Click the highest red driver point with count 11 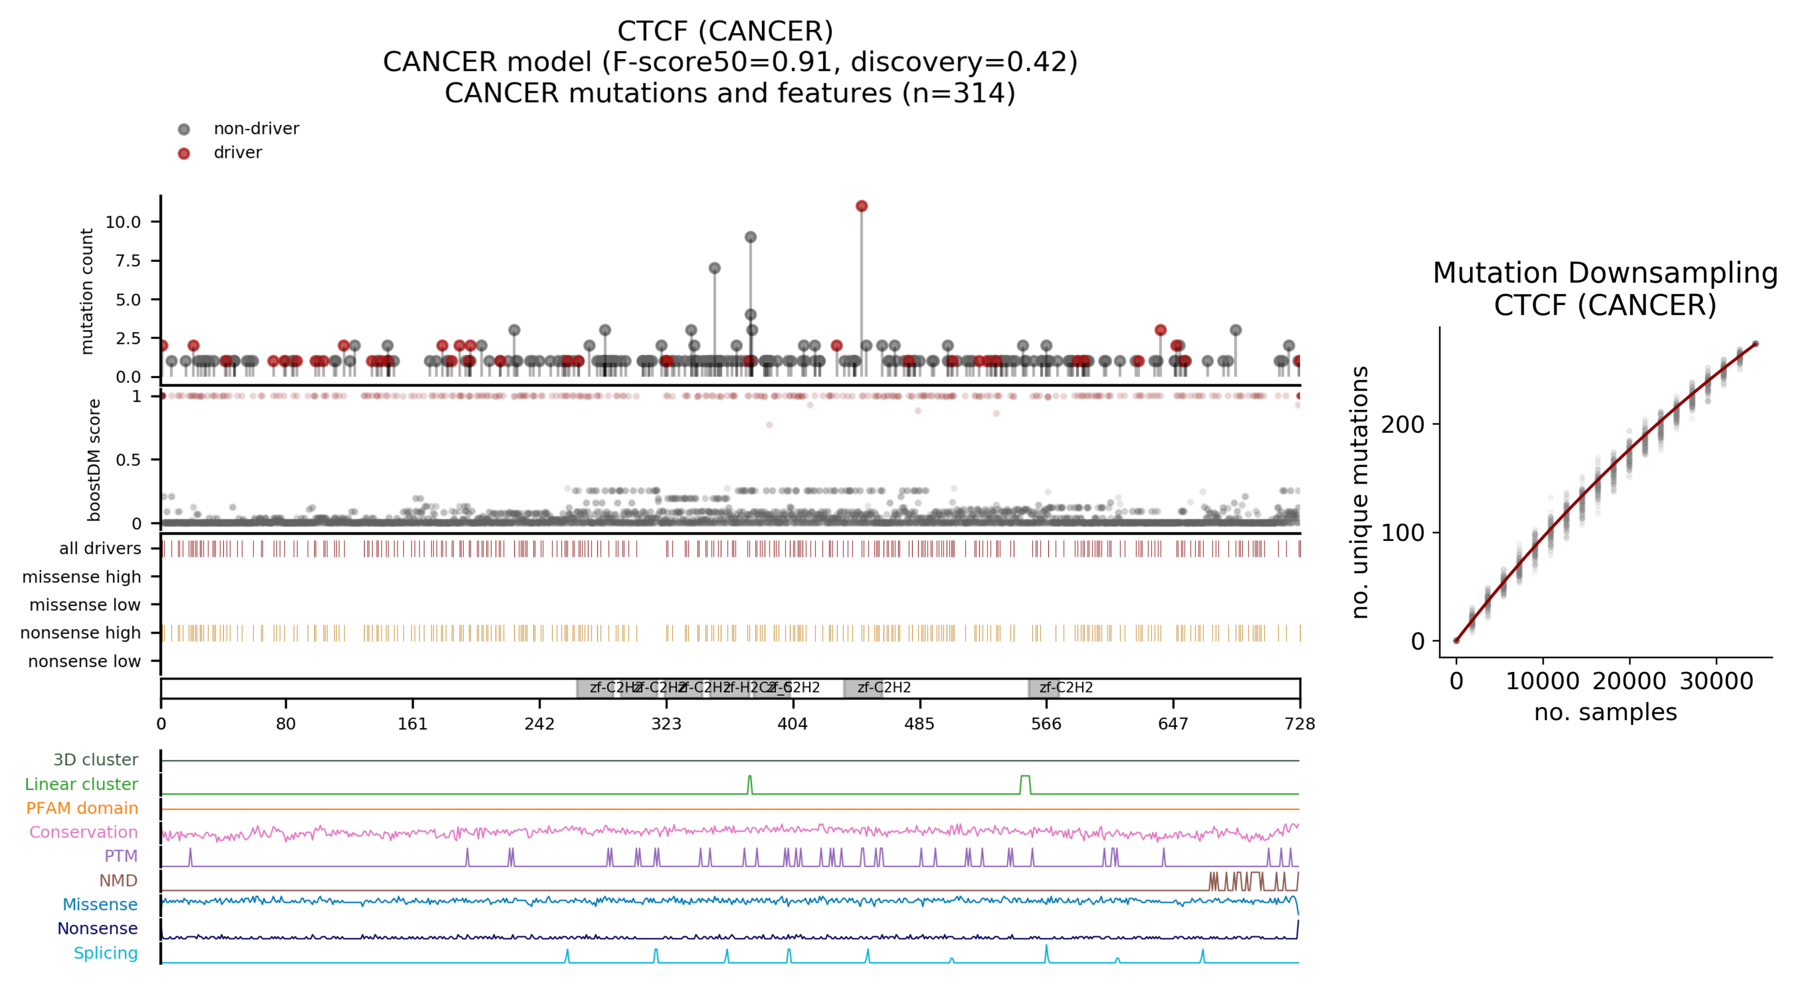tap(862, 206)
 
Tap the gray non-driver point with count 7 tap(714, 268)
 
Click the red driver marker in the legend tap(184, 153)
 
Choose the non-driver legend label tap(256, 129)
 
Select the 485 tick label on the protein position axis tap(919, 724)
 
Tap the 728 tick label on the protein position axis tap(1299, 724)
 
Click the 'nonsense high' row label tap(81, 633)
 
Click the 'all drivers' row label tap(100, 549)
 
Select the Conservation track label tap(84, 832)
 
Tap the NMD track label tap(118, 881)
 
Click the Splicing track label tap(106, 953)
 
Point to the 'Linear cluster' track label tap(82, 784)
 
